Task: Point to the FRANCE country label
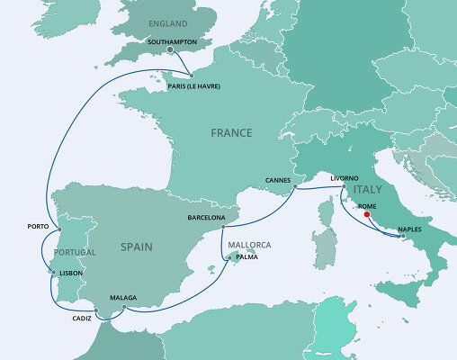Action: (231, 132)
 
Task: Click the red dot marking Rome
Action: (366, 214)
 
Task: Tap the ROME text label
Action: (367, 206)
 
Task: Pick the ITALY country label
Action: (369, 191)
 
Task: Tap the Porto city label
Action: (38, 225)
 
